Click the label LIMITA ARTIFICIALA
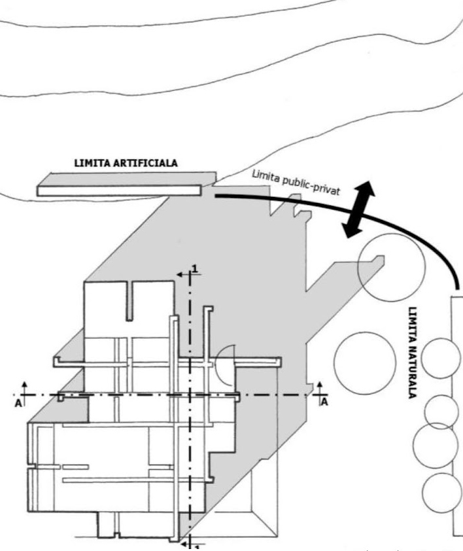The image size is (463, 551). pyautogui.click(x=126, y=163)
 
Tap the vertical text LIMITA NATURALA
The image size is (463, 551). pyautogui.click(x=413, y=353)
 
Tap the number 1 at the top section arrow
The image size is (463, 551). pyautogui.click(x=194, y=268)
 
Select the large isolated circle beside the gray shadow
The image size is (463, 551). pyautogui.click(x=364, y=363)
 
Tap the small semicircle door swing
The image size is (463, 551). pyautogui.click(x=224, y=364)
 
